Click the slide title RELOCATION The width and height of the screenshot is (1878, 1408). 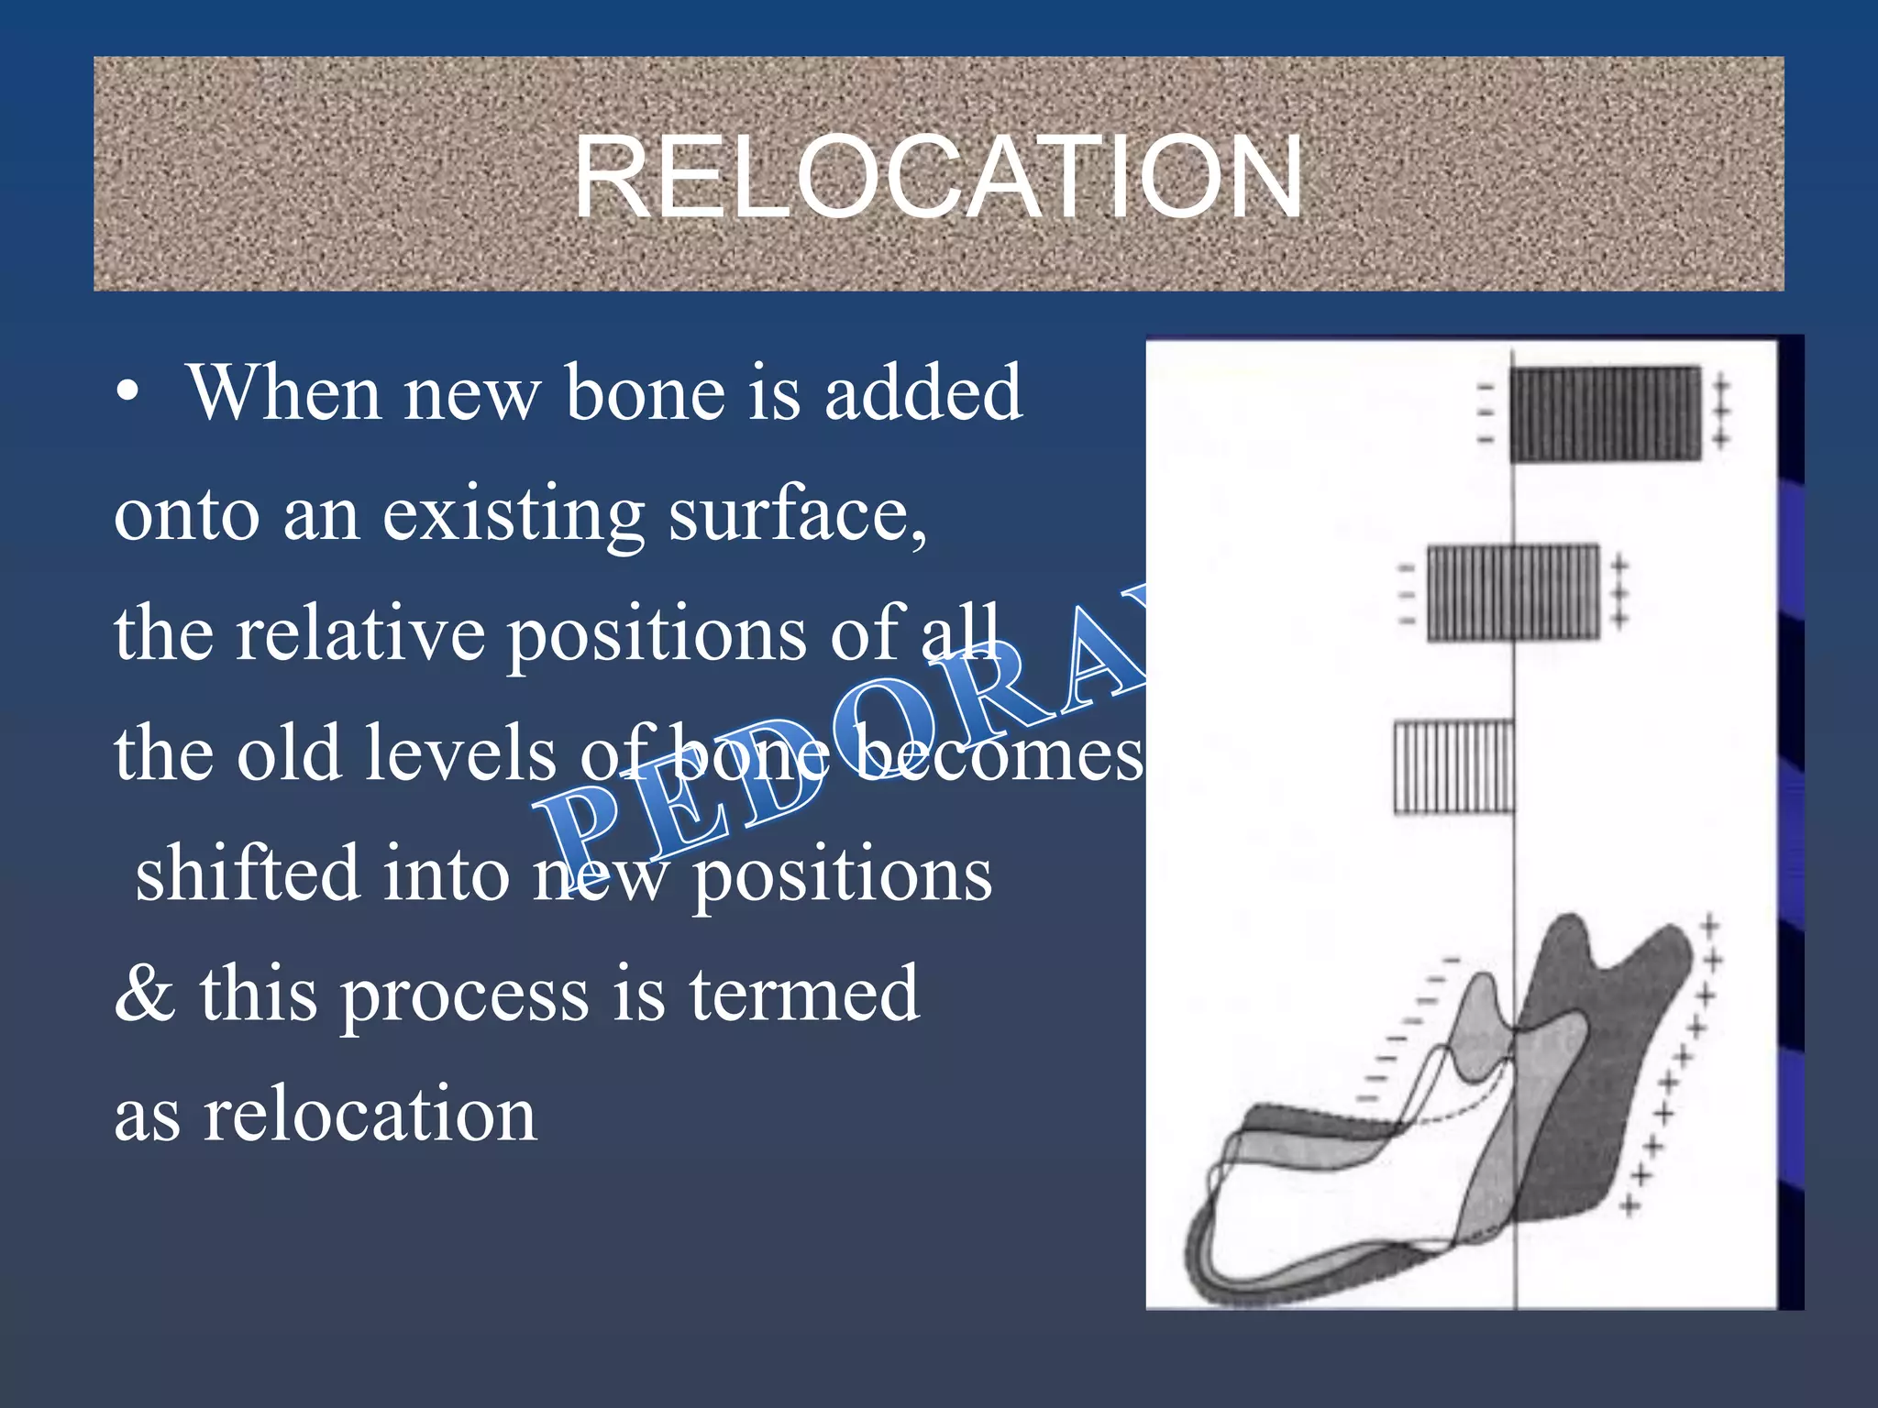click(937, 176)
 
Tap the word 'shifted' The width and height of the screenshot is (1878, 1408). click(248, 873)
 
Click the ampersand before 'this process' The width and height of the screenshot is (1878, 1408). click(145, 994)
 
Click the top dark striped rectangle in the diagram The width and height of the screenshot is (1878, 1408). click(1605, 414)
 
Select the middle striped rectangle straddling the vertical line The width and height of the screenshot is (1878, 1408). click(1513, 592)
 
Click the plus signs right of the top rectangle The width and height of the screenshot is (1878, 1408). click(1721, 412)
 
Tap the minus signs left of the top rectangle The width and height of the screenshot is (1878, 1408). click(1485, 414)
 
